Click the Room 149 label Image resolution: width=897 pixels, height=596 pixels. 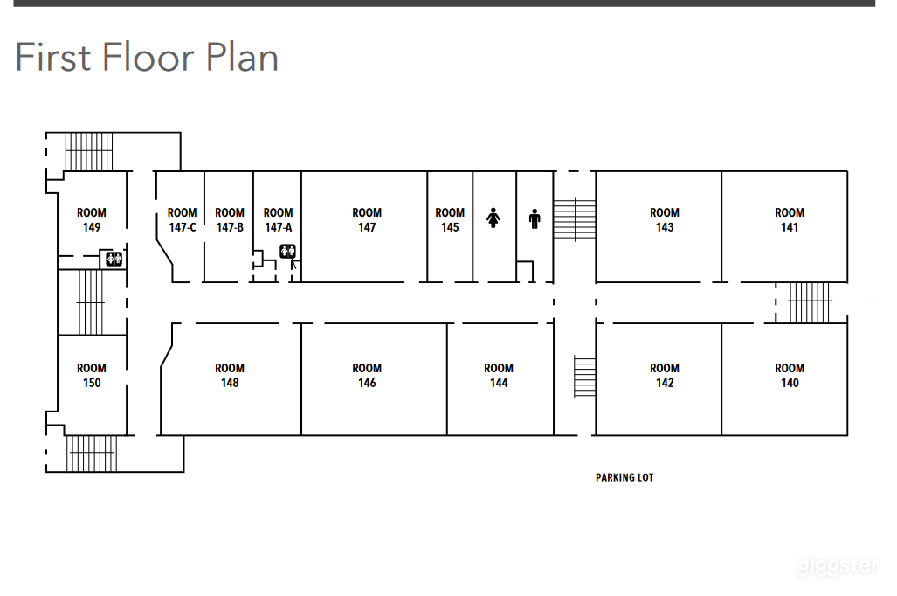pyautogui.click(x=92, y=220)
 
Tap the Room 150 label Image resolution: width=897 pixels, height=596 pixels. pyautogui.click(x=92, y=376)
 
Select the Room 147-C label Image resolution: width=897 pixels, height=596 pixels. pyautogui.click(x=182, y=220)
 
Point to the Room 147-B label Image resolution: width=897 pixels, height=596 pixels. pyautogui.click(x=230, y=220)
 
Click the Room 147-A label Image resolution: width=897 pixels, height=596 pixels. pyautogui.click(x=278, y=220)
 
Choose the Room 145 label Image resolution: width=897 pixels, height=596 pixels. pyautogui.click(x=450, y=220)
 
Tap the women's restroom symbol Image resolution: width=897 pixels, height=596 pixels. pyautogui.click(x=493, y=218)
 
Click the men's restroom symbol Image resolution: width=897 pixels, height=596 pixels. pyautogui.click(x=535, y=218)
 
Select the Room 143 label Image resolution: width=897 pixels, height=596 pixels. pyautogui.click(x=665, y=220)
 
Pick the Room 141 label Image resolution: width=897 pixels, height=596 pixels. pyautogui.click(x=790, y=220)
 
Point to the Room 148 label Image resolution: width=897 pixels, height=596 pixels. pyautogui.click(x=230, y=376)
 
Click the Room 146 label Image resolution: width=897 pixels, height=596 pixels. pyautogui.click(x=367, y=376)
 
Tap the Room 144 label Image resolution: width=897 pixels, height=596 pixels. pyautogui.click(x=499, y=376)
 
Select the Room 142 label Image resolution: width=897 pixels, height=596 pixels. pyautogui.click(x=665, y=376)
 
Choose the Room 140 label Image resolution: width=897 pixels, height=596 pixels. pyautogui.click(x=790, y=376)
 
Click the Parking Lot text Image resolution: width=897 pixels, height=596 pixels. pyautogui.click(x=624, y=477)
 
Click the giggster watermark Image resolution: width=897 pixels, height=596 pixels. pyautogui.click(x=838, y=565)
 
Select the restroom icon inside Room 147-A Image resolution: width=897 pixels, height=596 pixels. pyautogui.click(x=287, y=251)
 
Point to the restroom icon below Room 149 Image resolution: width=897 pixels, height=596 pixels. pyautogui.click(x=114, y=259)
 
